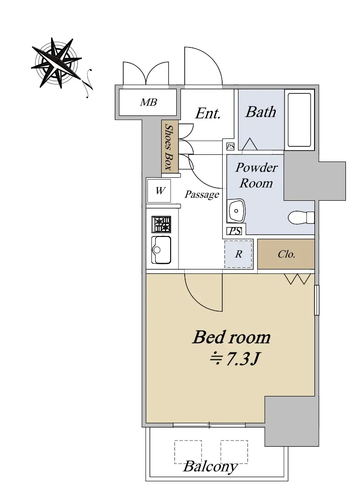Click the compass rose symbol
coord(56,63)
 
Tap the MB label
coord(149,102)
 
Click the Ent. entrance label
coord(208,113)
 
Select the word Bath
coord(261,112)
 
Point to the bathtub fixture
coord(299,120)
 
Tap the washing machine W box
coord(159,191)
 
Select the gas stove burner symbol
coord(161,224)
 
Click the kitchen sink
coord(161,250)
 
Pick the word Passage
coord(202,195)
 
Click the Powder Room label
coord(256,175)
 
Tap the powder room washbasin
coord(236,211)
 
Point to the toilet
coord(301,218)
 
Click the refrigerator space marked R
coord(239,254)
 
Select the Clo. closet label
coord(286,254)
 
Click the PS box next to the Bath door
coord(231,147)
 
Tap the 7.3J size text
coord(234,359)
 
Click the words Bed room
coord(232,337)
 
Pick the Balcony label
coord(210,467)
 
